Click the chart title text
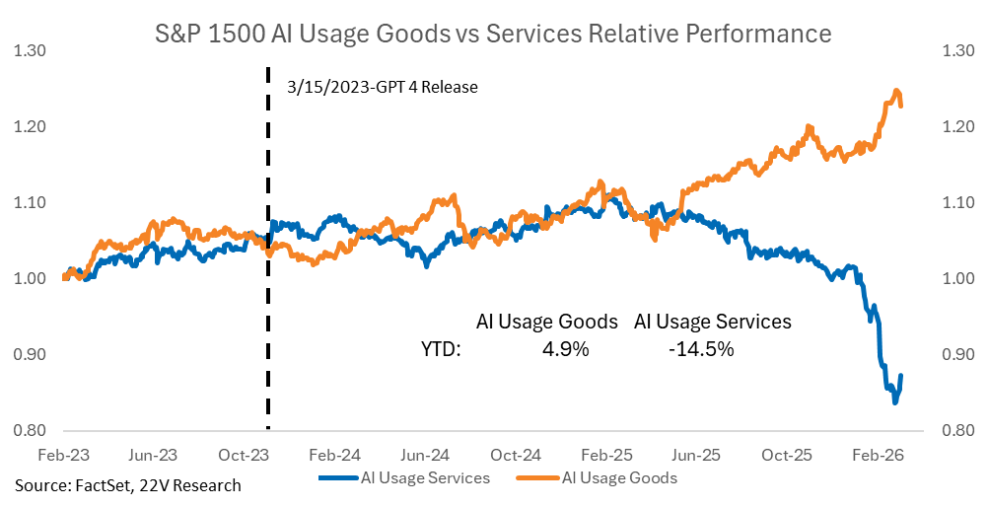tap(494, 35)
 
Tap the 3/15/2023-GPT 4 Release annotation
tap(383, 87)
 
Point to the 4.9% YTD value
tap(565, 348)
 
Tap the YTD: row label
tap(441, 348)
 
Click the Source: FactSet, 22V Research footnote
tap(127, 485)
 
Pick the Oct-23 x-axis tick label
tap(239, 455)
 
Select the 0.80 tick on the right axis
tap(960, 430)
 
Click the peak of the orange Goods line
tap(896, 91)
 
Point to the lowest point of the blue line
tap(895, 402)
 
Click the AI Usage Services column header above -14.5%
tap(712, 322)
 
